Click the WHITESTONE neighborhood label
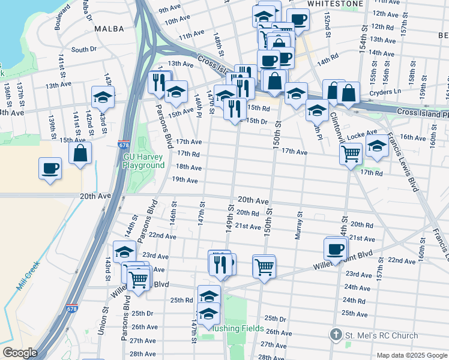click(335, 4)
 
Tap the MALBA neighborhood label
click(109, 28)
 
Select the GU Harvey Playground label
click(143, 161)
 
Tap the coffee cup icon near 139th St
click(50, 167)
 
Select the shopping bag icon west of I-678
click(80, 153)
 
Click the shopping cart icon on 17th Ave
click(351, 153)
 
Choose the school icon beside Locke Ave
click(377, 146)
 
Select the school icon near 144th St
click(124, 251)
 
